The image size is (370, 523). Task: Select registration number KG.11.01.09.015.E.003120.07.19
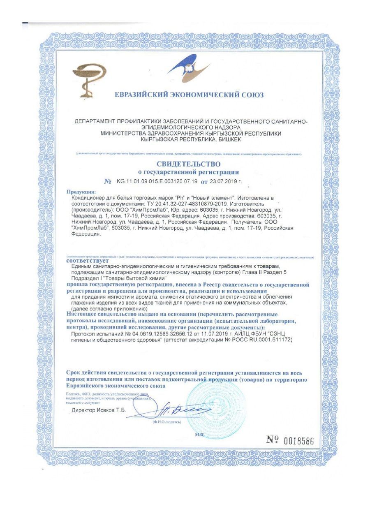click(157, 181)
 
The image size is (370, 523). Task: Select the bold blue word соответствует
click(87, 261)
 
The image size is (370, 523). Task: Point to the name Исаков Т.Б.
click(112, 411)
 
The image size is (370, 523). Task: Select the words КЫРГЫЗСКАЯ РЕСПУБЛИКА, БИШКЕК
click(191, 140)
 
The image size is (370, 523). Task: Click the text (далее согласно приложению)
click(109, 308)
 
